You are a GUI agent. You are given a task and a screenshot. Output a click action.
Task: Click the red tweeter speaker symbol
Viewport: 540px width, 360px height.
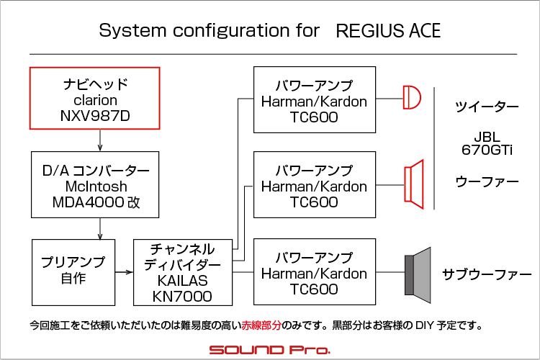[412, 97]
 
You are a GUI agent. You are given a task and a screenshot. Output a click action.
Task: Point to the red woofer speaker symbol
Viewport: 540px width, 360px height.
[414, 184]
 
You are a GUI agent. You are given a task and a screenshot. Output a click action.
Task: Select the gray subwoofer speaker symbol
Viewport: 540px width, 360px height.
[418, 275]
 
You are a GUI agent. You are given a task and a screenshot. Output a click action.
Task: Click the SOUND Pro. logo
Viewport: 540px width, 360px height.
[270, 350]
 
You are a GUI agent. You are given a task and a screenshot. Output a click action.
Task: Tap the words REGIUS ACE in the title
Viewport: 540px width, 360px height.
[388, 30]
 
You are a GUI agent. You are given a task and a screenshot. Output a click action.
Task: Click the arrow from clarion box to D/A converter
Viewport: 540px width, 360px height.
[100, 140]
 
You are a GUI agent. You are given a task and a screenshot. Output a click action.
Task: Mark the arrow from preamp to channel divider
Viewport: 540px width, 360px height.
[124, 272]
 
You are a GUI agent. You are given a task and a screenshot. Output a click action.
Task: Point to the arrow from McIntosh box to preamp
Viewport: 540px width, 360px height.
[100, 229]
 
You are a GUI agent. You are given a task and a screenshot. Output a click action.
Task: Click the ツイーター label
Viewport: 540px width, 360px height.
[487, 107]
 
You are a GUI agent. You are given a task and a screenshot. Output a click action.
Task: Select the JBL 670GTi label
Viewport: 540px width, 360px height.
[487, 144]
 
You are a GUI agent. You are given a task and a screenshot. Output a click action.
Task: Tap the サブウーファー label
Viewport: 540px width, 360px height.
[487, 274]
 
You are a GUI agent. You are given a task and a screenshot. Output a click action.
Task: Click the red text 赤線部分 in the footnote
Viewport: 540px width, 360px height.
[261, 325]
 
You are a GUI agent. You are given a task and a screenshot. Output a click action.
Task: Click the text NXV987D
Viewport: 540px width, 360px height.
[95, 116]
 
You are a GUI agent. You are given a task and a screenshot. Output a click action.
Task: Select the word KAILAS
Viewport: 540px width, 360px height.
[183, 281]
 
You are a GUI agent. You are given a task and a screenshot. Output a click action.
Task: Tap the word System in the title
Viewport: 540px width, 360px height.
[132, 31]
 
